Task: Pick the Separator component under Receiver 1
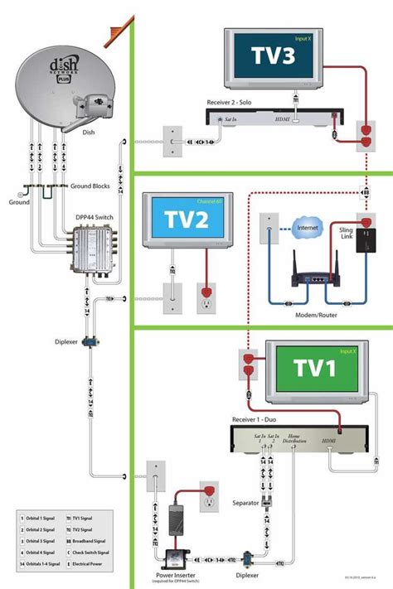267,501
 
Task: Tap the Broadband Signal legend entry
95,540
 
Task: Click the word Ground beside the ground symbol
18,201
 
